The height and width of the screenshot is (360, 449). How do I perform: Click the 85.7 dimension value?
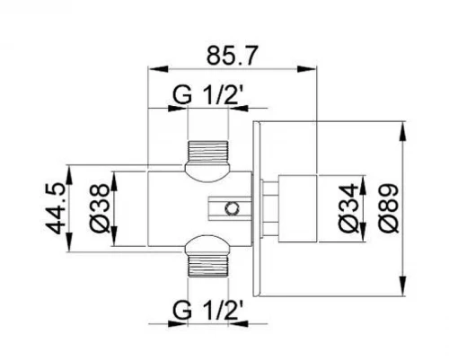pos(232,56)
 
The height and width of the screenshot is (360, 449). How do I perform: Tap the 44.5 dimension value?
pos(57,208)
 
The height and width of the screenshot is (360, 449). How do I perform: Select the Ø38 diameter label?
pos(100,208)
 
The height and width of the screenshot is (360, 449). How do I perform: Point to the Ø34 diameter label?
pos(349,208)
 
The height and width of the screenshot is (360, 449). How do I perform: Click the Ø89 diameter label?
pos(389,208)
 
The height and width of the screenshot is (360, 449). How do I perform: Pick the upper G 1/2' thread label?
pos(207,95)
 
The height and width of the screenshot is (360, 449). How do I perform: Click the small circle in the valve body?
pos(232,208)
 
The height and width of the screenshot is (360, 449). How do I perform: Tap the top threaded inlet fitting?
pos(207,151)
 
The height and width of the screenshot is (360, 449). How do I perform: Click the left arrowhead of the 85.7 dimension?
pos(158,69)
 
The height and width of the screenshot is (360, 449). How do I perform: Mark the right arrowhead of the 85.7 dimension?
pos(306,69)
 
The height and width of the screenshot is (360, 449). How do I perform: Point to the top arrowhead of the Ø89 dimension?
pos(403,131)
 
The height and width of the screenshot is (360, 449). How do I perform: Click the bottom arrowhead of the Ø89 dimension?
pos(403,286)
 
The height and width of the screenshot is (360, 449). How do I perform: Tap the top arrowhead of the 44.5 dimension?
pos(69,175)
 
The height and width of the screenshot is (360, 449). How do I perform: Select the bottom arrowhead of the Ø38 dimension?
pos(114,236)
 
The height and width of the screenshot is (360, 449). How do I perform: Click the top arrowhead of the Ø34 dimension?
pos(363,184)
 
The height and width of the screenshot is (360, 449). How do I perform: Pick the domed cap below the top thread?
pos(207,172)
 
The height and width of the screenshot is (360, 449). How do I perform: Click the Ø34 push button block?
pos(297,208)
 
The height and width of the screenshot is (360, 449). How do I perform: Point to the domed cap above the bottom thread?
pos(207,245)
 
